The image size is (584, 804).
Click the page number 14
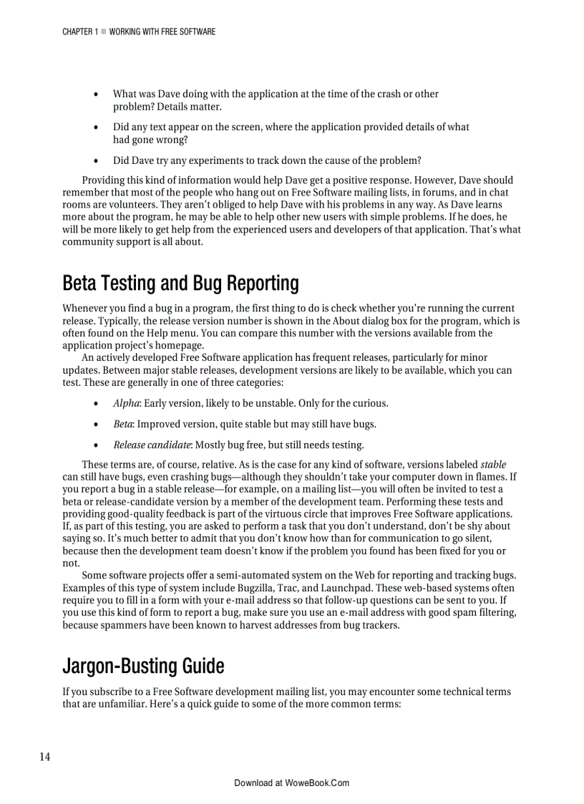click(x=44, y=757)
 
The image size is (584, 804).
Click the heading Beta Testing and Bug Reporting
click(x=180, y=284)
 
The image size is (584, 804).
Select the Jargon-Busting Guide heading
click(x=143, y=667)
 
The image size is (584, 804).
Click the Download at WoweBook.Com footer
click(x=291, y=783)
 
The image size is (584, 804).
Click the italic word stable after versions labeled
click(x=493, y=464)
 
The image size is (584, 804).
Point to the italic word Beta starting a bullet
click(x=122, y=424)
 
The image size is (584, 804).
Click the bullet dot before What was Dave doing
click(x=97, y=95)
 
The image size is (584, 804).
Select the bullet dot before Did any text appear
click(x=97, y=127)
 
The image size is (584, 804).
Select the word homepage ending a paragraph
click(x=182, y=345)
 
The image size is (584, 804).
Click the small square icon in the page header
click(x=103, y=32)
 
